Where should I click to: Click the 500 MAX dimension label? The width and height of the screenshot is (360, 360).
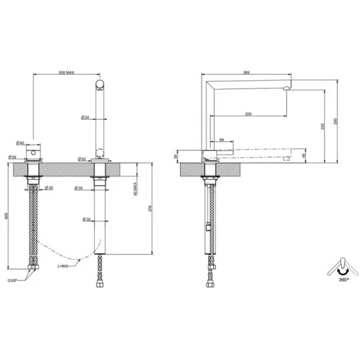[66, 73]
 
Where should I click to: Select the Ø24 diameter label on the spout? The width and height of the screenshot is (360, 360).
[85, 117]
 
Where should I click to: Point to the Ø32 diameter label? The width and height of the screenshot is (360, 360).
[86, 219]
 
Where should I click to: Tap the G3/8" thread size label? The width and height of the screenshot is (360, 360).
[15, 279]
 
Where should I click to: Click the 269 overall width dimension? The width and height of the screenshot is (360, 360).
[247, 73]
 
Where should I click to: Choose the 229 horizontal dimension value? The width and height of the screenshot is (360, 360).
[249, 115]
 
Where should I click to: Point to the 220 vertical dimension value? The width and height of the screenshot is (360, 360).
[323, 127]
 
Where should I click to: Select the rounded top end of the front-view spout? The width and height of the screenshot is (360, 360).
[99, 83]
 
